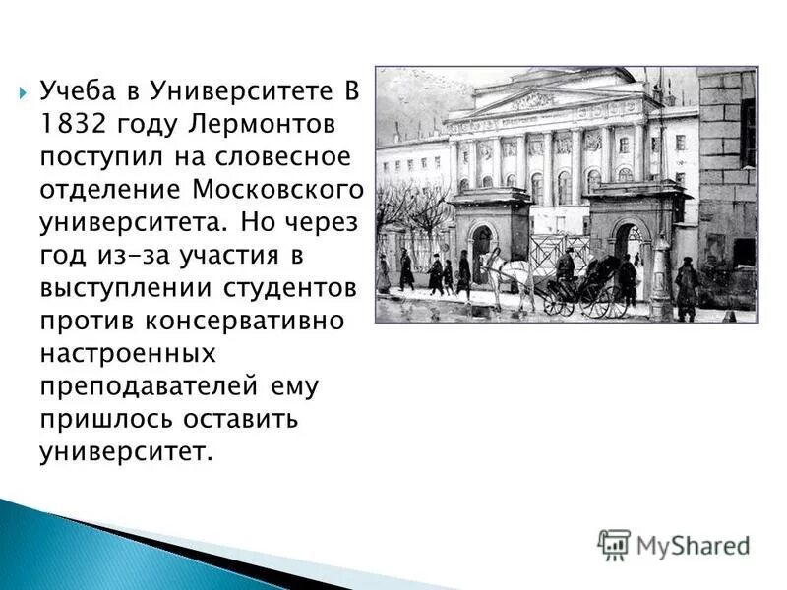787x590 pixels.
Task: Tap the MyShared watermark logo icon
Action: (614, 544)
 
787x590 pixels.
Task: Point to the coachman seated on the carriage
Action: (566, 265)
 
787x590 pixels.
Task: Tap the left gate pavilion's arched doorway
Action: (482, 250)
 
